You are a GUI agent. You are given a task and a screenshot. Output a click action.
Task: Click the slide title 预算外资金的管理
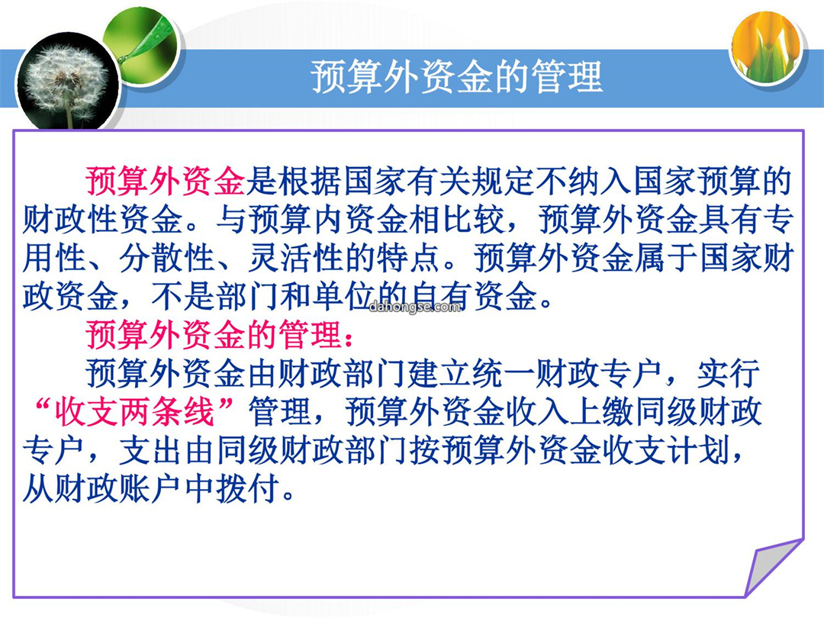(455, 77)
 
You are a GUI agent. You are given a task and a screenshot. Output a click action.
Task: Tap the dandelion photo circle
(67, 82)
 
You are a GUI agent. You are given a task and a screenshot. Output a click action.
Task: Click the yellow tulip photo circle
(766, 48)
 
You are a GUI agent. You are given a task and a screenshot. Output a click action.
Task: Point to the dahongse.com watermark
(414, 307)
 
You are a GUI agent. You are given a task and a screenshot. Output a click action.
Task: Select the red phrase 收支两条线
(135, 411)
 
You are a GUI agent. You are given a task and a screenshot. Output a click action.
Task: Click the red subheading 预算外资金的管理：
(219, 335)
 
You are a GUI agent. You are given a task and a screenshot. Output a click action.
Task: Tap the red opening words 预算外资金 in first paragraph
(166, 182)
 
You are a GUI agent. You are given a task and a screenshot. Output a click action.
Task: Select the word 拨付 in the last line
(247, 489)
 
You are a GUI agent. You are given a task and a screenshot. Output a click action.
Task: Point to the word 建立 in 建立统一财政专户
(439, 373)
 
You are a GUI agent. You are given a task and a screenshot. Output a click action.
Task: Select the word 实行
(729, 373)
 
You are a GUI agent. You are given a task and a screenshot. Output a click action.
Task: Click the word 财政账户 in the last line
(119, 489)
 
